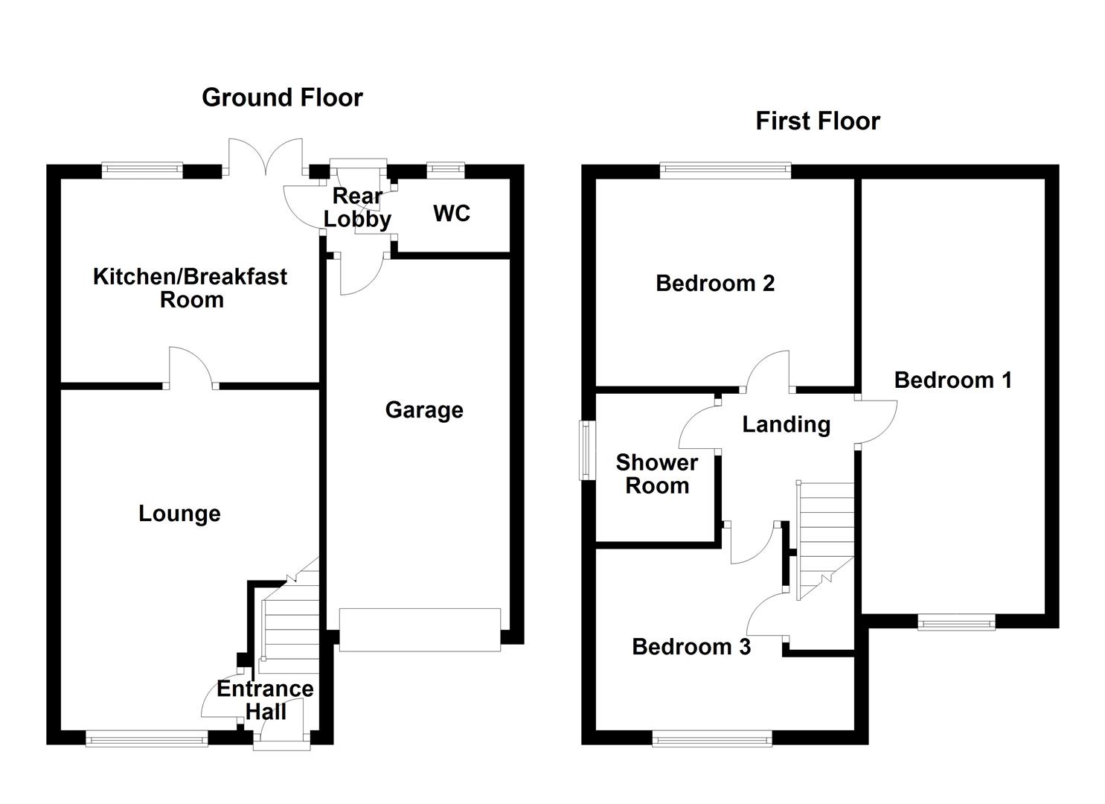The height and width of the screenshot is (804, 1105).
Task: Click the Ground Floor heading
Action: tap(282, 98)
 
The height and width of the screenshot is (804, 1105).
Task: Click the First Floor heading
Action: tap(817, 121)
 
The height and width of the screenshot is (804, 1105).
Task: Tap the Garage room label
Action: tap(424, 410)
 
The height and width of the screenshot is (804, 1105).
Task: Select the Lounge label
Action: tap(179, 514)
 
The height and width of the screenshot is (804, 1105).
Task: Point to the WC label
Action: tap(452, 214)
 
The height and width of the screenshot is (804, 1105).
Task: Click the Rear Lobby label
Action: tap(357, 208)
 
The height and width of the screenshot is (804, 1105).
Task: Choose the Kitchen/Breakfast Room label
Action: tap(190, 288)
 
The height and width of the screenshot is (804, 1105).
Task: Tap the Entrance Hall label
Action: tap(265, 700)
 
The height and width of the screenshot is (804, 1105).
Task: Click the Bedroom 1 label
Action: tap(952, 380)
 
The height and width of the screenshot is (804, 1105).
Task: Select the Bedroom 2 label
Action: tap(715, 284)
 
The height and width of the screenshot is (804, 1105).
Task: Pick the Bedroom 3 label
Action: tap(691, 647)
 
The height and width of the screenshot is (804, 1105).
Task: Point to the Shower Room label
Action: tap(656, 474)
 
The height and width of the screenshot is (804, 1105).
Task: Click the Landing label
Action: tap(786, 424)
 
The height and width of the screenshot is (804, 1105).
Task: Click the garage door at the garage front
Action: tap(420, 630)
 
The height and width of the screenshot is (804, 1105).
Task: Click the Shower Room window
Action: tap(588, 450)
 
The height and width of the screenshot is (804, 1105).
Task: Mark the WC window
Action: tap(446, 171)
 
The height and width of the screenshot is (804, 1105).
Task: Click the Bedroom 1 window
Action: tap(956, 622)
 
